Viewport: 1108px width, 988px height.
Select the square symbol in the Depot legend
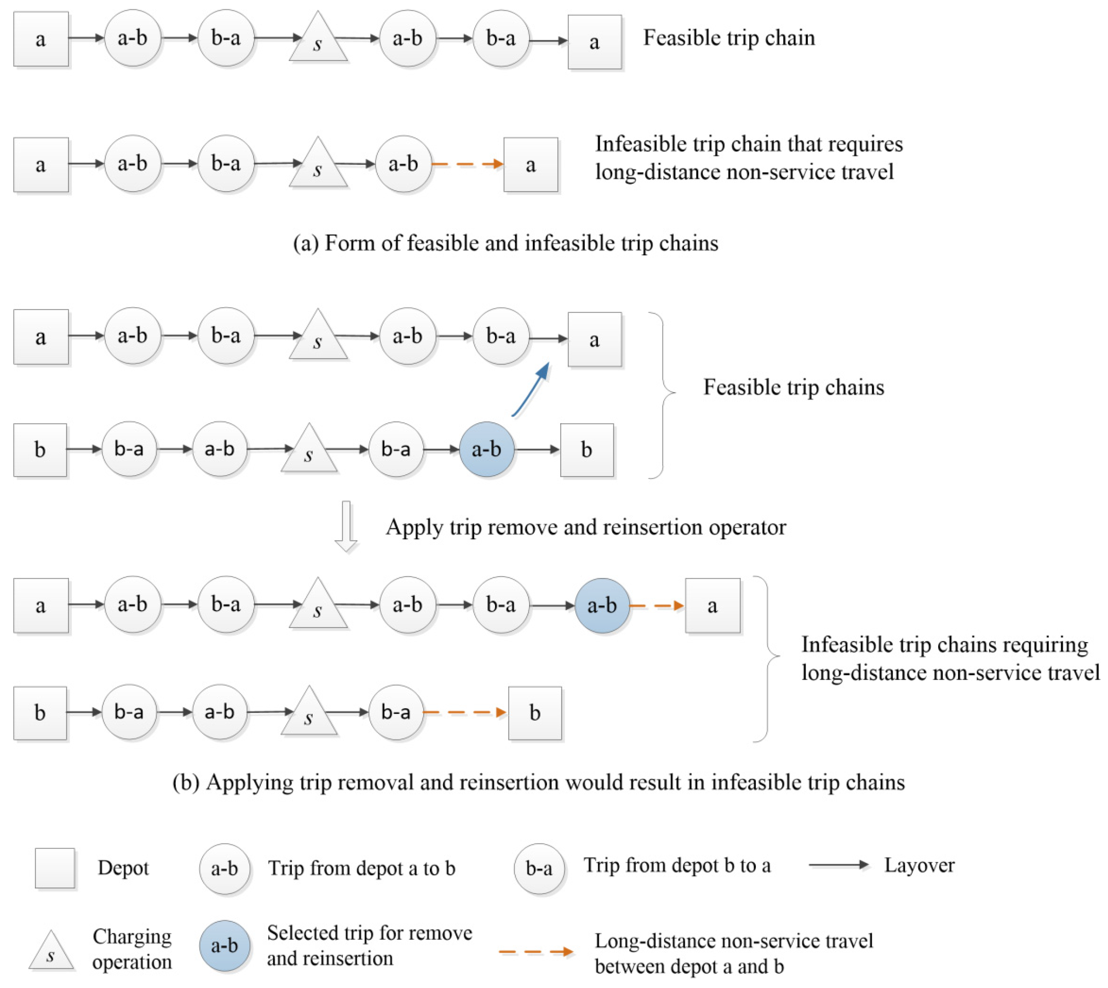[x=55, y=868]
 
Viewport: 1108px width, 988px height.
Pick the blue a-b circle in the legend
[x=224, y=946]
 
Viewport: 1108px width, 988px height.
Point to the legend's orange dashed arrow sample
[x=536, y=951]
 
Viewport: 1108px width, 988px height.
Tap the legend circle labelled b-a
[x=539, y=868]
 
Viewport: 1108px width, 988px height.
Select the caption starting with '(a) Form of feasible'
[x=505, y=243]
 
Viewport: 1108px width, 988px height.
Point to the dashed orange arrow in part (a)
[x=467, y=164]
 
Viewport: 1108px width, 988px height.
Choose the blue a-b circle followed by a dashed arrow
[x=602, y=605]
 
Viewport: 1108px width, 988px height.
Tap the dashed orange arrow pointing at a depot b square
[x=465, y=712]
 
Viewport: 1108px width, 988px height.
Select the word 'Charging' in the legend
[x=132, y=936]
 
